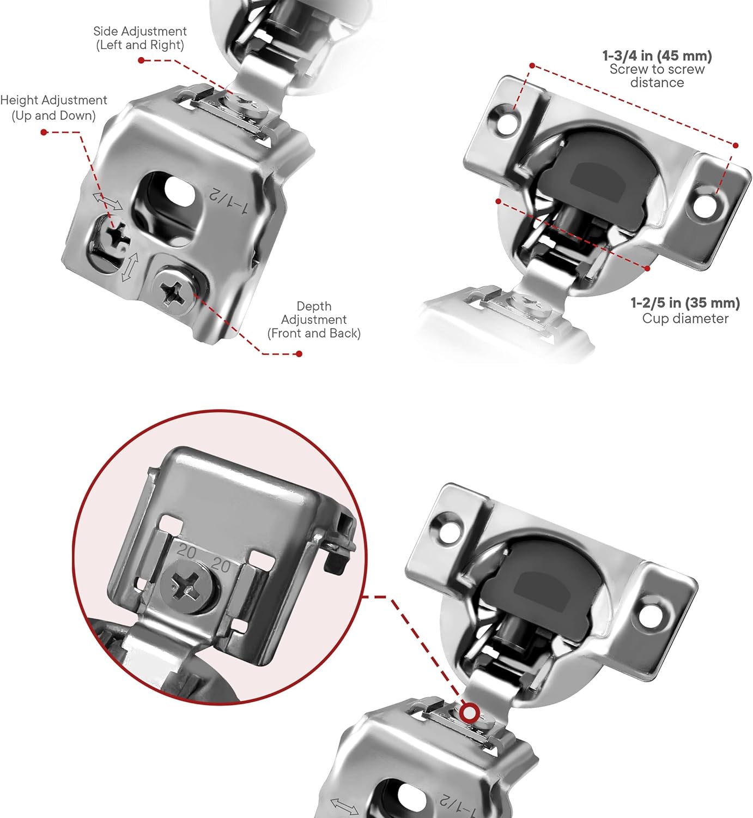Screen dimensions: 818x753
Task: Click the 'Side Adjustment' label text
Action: click(x=140, y=32)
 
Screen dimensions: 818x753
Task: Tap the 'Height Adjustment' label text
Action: click(x=53, y=100)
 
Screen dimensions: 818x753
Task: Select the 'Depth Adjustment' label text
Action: click(x=314, y=320)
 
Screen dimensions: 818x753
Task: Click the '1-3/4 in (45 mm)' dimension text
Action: click(x=657, y=56)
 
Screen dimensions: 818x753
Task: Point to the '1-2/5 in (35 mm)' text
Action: click(x=685, y=303)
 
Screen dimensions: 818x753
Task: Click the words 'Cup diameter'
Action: click(x=685, y=319)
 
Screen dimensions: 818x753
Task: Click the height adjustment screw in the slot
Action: click(x=117, y=236)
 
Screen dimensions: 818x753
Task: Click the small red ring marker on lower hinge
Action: click(x=469, y=712)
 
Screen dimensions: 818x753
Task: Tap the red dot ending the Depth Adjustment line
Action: click(x=299, y=354)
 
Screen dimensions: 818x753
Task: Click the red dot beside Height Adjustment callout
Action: click(x=44, y=132)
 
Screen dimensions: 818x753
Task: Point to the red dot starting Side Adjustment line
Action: click(x=141, y=60)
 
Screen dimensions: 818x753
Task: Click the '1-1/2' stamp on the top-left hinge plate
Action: click(x=229, y=201)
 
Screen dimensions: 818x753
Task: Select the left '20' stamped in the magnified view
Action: click(x=187, y=552)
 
